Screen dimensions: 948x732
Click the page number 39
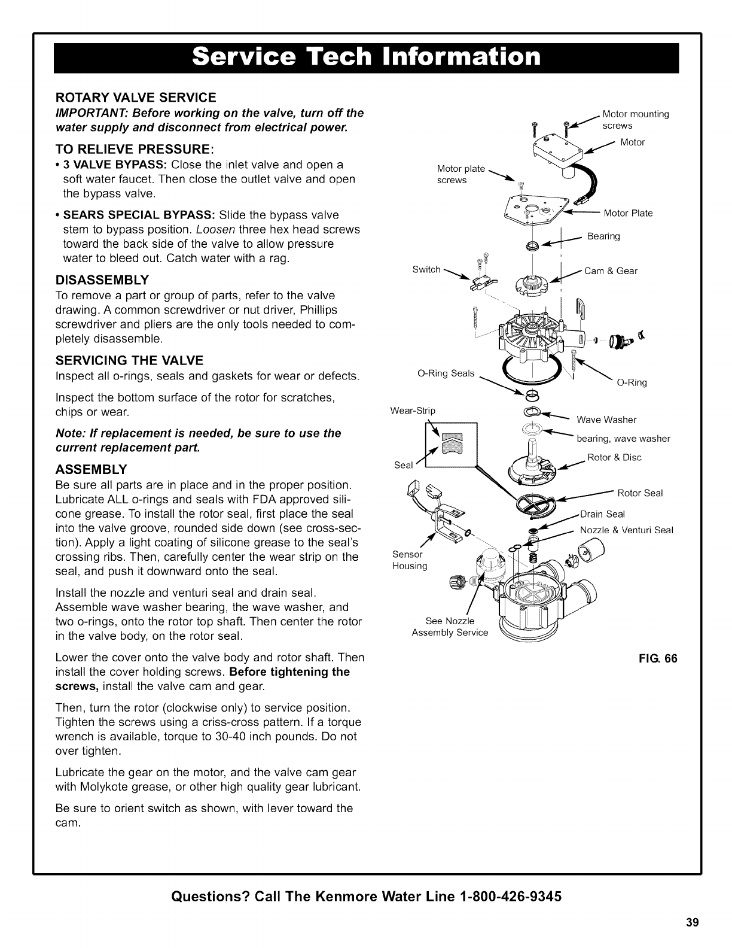pyautogui.click(x=692, y=922)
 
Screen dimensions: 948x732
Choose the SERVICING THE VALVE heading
pyautogui.click(x=129, y=360)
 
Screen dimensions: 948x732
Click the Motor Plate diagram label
pyautogui.click(x=628, y=213)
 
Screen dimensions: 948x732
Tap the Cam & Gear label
pyautogui.click(x=611, y=271)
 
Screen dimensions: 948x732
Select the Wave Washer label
pyautogui.click(x=606, y=420)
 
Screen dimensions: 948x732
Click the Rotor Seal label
pyautogui.click(x=640, y=493)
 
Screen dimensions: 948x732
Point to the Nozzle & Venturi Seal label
pyautogui.click(x=627, y=530)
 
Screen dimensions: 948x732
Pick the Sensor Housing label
pyautogui.click(x=410, y=560)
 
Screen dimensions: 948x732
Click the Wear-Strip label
pyautogui.click(x=413, y=411)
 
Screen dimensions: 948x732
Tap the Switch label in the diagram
pyautogui.click(x=426, y=269)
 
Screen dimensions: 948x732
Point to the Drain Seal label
pyautogui.click(x=603, y=514)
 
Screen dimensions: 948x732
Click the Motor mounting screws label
pyautogui.click(x=635, y=120)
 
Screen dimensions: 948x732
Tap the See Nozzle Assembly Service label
pyautogui.click(x=450, y=627)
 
